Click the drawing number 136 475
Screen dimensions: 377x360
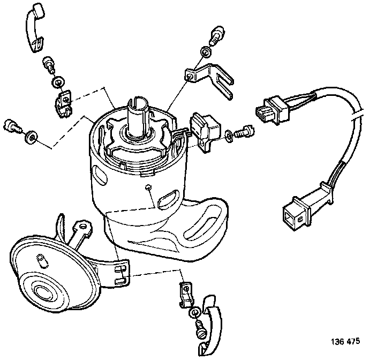pyautogui.click(x=345, y=341)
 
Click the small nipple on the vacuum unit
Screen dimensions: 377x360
pyautogui.click(x=42, y=261)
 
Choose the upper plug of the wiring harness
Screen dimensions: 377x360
pyautogui.click(x=273, y=110)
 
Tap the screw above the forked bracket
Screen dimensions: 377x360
pyautogui.click(x=217, y=35)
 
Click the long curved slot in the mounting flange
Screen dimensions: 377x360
pyautogui.click(x=202, y=222)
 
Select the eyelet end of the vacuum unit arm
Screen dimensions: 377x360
pyautogui.click(x=83, y=227)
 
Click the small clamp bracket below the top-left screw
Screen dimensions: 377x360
pyautogui.click(x=63, y=103)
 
